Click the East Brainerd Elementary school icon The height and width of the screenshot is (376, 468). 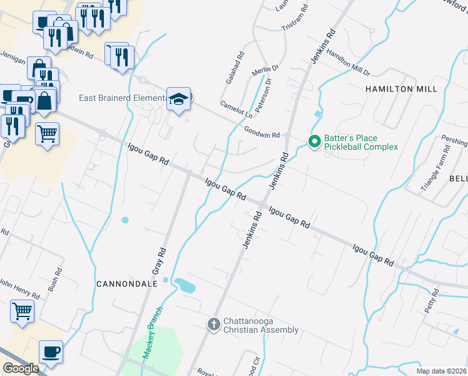coord(178,99)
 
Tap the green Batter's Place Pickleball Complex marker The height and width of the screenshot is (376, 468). coord(314,142)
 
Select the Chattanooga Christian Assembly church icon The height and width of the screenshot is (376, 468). coord(213,325)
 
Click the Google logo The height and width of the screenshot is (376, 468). coord(20,368)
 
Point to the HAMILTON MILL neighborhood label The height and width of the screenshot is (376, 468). coord(401,89)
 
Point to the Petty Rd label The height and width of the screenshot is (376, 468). coord(432,301)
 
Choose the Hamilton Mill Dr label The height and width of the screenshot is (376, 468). coord(348,63)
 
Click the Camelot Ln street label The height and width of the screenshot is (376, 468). coord(236,110)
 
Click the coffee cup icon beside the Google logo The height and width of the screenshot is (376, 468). coord(51,352)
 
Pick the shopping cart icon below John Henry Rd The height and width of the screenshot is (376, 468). coord(22,310)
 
